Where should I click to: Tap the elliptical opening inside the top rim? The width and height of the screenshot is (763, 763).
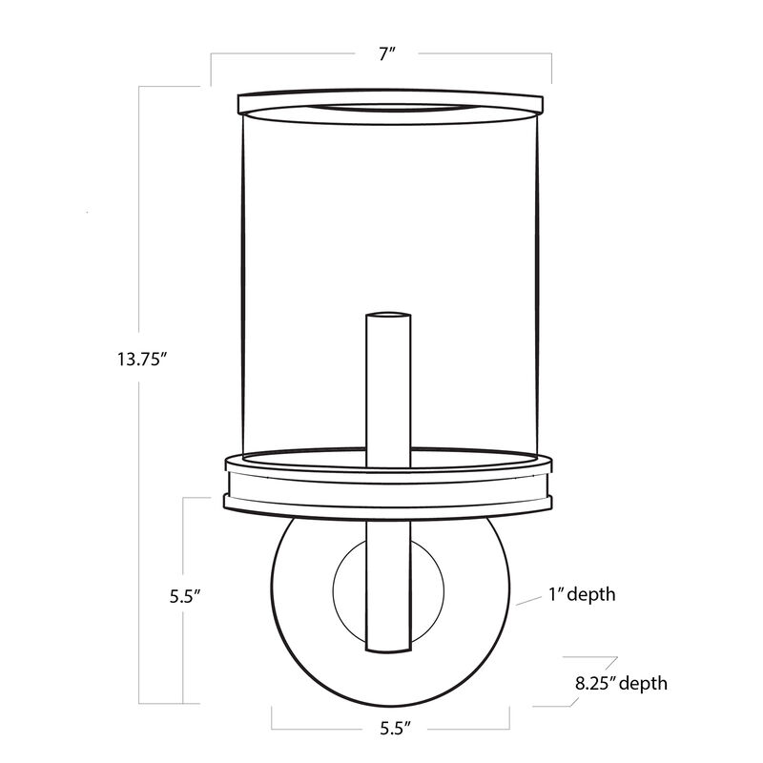point(391,112)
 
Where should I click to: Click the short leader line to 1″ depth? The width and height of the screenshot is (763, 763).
point(528,601)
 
